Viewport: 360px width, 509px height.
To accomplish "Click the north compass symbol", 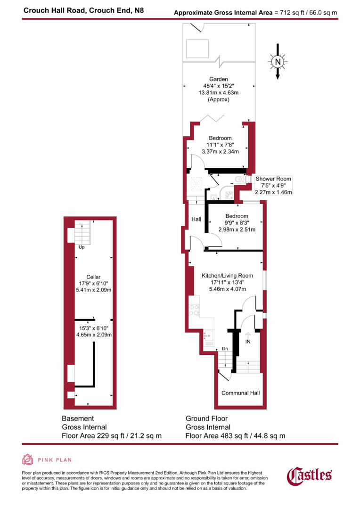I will (x=278, y=62).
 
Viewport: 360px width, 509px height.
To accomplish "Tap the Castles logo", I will (x=310, y=475).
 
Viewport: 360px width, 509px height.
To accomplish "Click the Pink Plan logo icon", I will (x=28, y=460).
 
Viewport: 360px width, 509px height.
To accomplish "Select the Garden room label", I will (x=219, y=79).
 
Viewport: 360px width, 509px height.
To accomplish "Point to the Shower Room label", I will (x=273, y=179).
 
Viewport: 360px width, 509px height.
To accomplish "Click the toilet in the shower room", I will (x=239, y=179).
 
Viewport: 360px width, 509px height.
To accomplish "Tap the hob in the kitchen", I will (x=194, y=310).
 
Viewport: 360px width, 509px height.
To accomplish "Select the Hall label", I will (x=196, y=219).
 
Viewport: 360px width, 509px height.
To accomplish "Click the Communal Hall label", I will (x=240, y=393).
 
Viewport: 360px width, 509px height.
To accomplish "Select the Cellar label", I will (x=93, y=277).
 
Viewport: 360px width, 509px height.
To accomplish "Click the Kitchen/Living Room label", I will (x=227, y=276).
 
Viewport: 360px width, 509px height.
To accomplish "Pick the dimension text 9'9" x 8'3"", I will (x=237, y=223).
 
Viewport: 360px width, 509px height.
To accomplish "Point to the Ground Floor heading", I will (x=206, y=419).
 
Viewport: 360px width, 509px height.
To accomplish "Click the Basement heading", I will (x=78, y=419).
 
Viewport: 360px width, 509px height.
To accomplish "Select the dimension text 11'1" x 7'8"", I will (x=220, y=145).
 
